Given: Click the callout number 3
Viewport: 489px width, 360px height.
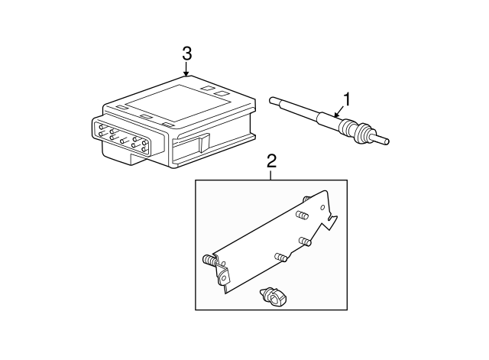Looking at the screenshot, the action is tap(186, 54).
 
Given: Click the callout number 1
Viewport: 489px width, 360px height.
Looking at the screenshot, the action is tap(347, 99).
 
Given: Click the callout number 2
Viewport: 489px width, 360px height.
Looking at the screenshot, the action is tap(271, 161).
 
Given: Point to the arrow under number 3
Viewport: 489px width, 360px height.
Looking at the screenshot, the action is tap(186, 70).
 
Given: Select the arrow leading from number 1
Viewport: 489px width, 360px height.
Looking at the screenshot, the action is tap(338, 112).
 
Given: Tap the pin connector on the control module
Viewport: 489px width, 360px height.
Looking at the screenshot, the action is tap(122, 137).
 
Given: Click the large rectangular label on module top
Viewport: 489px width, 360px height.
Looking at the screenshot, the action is tap(179, 103).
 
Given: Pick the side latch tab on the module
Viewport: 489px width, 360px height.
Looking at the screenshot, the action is tap(204, 143).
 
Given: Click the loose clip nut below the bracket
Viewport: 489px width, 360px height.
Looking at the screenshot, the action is tap(274, 297).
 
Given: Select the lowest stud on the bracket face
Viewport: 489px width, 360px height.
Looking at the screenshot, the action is tap(280, 257).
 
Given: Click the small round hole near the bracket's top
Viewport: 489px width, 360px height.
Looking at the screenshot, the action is tap(322, 207).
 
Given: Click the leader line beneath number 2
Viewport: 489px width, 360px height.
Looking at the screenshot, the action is tap(271, 175).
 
